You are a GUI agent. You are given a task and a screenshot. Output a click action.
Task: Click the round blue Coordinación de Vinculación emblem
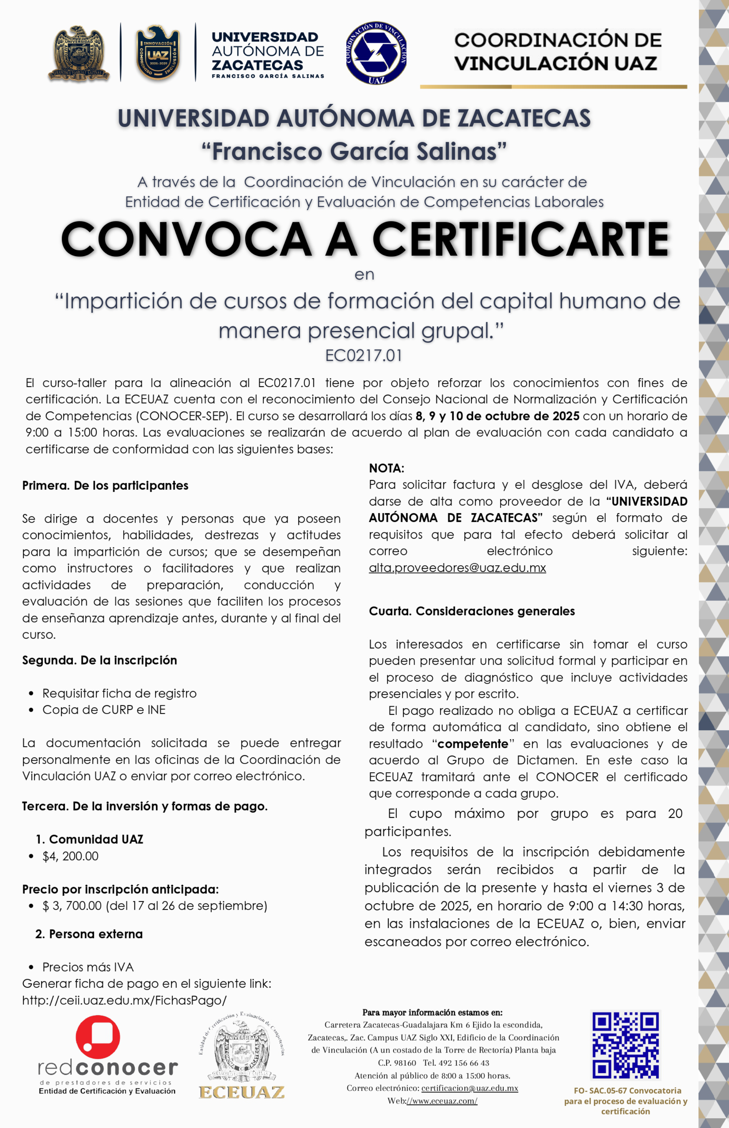pyautogui.click(x=376, y=53)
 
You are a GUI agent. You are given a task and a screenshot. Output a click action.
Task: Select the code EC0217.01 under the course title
pyautogui.click(x=364, y=355)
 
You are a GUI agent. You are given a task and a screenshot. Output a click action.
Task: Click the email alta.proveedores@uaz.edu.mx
pyautogui.click(x=457, y=568)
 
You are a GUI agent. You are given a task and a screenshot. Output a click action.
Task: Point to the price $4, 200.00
pyautogui.click(x=70, y=856)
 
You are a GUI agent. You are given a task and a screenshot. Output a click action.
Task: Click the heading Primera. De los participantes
pyautogui.click(x=105, y=486)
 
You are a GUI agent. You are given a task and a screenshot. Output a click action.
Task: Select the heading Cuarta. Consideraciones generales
pyautogui.click(x=471, y=611)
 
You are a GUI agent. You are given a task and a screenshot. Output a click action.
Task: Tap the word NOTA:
pyautogui.click(x=386, y=468)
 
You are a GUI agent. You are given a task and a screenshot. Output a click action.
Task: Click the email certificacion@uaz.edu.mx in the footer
pyautogui.click(x=470, y=1088)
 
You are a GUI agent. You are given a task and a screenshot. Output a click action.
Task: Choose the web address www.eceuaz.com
pyautogui.click(x=442, y=1101)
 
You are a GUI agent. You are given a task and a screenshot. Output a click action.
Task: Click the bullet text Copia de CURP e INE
pyautogui.click(x=104, y=710)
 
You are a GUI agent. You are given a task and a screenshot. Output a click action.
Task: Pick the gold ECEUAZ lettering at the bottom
pyautogui.click(x=242, y=1092)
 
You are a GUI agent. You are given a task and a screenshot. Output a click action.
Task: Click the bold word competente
pyautogui.click(x=473, y=744)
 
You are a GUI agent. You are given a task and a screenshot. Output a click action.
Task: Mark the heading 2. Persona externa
pyautogui.click(x=89, y=934)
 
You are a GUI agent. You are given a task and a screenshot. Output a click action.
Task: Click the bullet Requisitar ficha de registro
pyautogui.click(x=119, y=693)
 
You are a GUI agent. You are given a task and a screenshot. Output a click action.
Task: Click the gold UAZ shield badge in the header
pyautogui.click(x=158, y=53)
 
